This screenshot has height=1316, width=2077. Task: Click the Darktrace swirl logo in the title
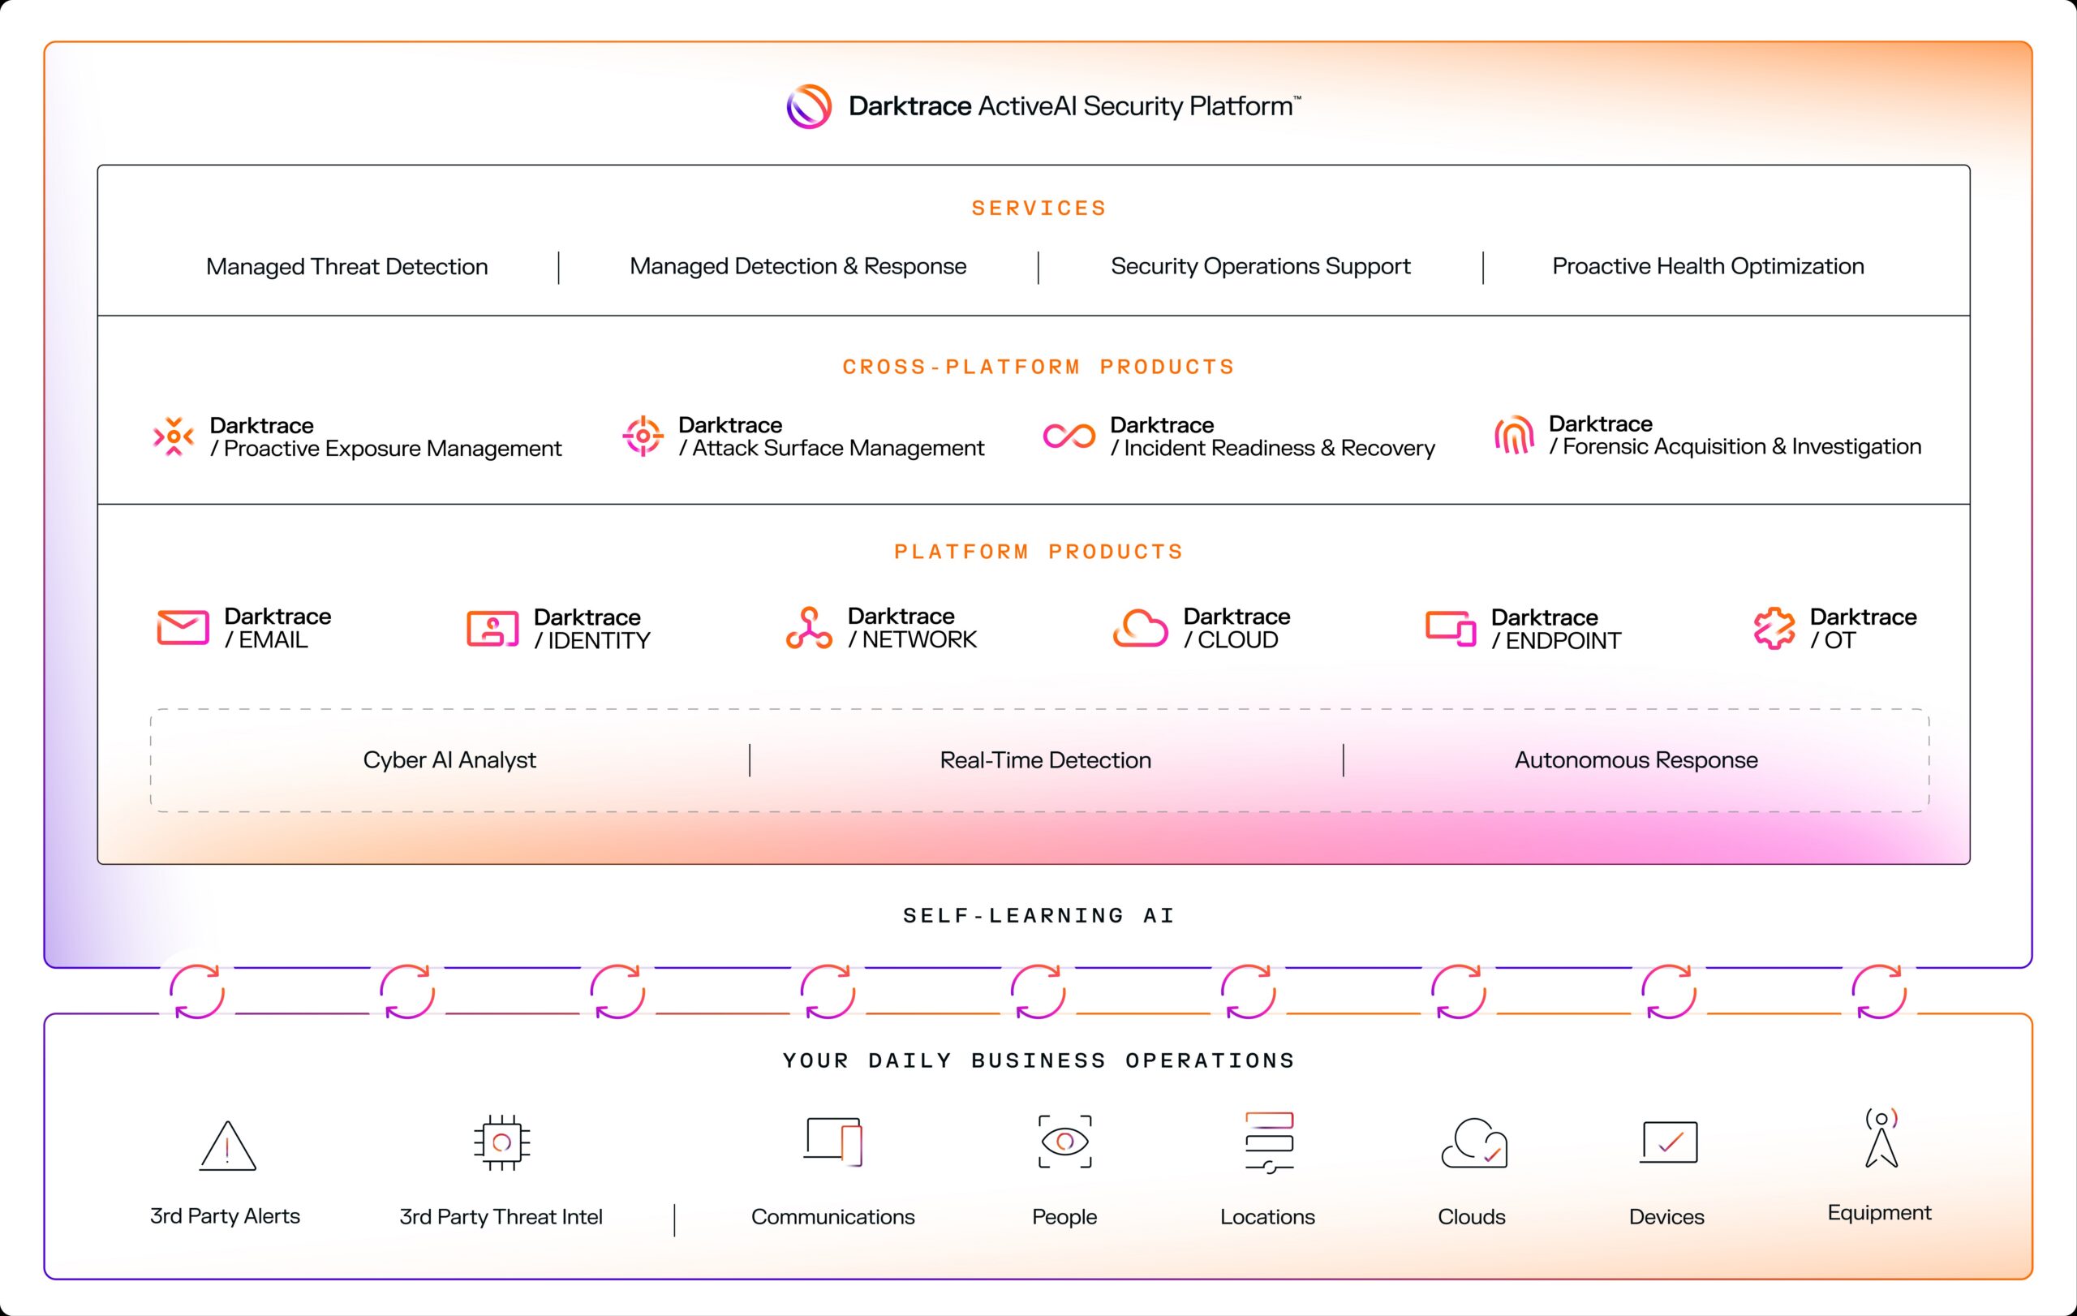click(808, 107)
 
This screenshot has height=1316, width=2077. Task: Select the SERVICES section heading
click(1038, 208)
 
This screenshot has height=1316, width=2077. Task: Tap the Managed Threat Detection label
click(346, 266)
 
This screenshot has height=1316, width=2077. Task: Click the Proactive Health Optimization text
click(1708, 266)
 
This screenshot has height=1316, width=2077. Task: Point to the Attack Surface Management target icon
click(643, 437)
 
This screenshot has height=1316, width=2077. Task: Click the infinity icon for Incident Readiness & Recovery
click(1069, 437)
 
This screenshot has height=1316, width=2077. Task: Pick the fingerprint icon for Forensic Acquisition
click(1514, 435)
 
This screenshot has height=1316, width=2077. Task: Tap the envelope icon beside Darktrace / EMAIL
click(183, 628)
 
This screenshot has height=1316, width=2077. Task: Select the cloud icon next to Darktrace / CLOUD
click(1139, 628)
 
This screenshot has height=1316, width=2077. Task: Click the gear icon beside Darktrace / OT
click(1774, 628)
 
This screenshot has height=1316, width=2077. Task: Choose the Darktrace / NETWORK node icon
click(809, 628)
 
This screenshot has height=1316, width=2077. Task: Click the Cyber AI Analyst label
click(449, 759)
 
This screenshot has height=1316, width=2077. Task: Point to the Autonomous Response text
click(1636, 759)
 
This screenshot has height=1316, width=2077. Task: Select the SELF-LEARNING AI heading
click(1038, 915)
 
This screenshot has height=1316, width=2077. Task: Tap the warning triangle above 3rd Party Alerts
click(227, 1146)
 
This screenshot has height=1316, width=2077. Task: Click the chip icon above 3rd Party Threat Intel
click(501, 1142)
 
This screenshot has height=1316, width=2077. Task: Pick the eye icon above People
click(1064, 1142)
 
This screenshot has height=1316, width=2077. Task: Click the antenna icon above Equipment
click(1881, 1138)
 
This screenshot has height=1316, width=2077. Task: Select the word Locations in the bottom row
click(1267, 1217)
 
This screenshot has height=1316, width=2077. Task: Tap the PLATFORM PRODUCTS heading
click(1038, 552)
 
